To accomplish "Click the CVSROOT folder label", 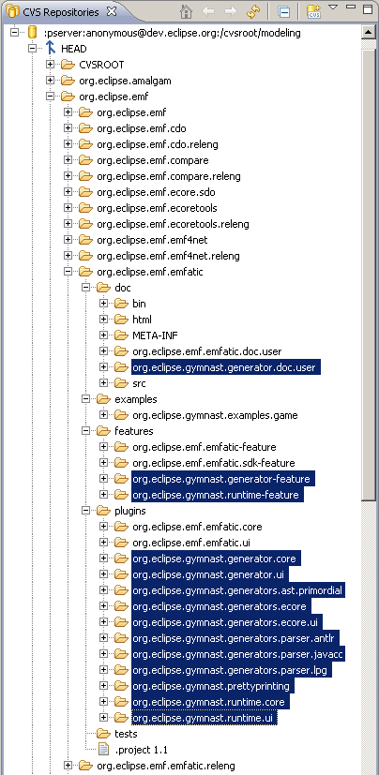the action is (x=101, y=65).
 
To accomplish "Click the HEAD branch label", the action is (x=74, y=49).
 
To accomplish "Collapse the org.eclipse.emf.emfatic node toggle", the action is (x=68, y=272).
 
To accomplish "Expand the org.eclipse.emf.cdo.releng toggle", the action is (x=68, y=144).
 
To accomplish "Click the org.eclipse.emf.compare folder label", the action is (x=152, y=160).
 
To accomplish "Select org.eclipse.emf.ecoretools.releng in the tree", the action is (x=173, y=224).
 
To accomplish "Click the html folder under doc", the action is (x=142, y=320).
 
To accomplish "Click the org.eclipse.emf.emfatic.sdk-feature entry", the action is (x=213, y=463).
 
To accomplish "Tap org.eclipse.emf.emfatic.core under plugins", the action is (x=197, y=527).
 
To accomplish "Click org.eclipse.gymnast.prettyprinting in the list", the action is (x=210, y=686).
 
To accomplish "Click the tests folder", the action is (x=126, y=734).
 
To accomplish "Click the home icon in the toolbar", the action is (x=186, y=12).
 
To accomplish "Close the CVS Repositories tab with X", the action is (x=112, y=11).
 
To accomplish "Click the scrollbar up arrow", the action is (x=368, y=33).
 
